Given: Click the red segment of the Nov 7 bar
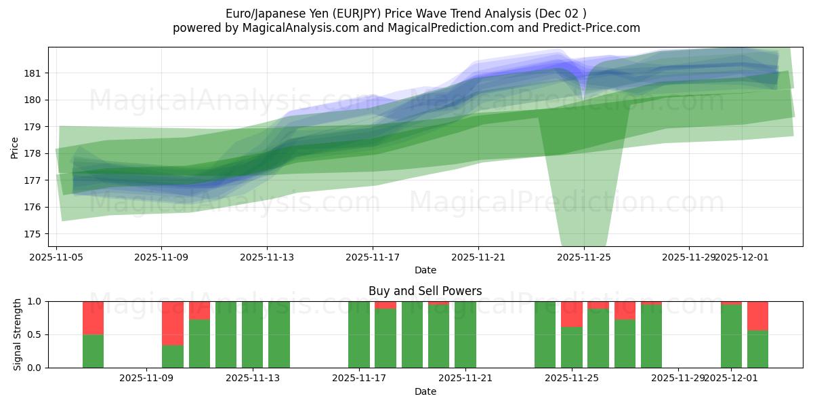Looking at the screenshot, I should [93, 317].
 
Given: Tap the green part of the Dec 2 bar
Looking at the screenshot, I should [757, 349].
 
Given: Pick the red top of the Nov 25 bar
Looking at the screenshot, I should [572, 314].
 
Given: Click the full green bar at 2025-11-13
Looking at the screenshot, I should [252, 334].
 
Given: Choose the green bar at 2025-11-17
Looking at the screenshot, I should [359, 334].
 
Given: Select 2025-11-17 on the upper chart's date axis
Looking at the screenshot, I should [373, 258].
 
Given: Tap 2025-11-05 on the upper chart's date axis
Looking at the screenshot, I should [56, 258].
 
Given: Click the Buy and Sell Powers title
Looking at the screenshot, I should [425, 291].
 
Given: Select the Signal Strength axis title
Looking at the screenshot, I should [17, 334].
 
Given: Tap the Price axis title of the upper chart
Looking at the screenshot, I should [15, 147].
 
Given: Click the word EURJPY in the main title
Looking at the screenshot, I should [337, 13].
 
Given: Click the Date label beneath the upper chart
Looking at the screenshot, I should [425, 270].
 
